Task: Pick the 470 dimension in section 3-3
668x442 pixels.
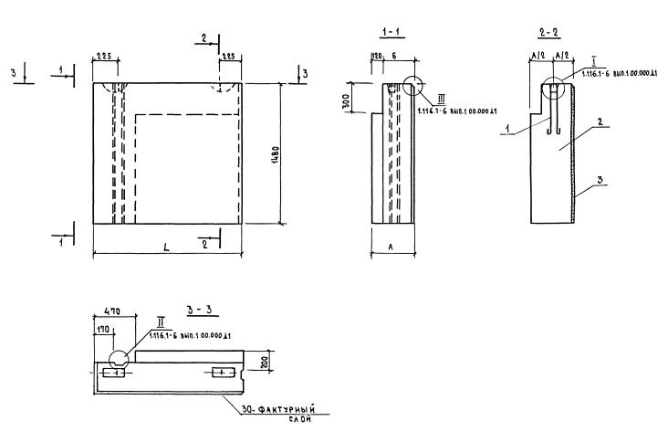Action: coord(103,311)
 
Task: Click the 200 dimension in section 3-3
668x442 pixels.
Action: coord(264,363)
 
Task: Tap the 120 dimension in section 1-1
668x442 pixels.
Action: coord(375,57)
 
